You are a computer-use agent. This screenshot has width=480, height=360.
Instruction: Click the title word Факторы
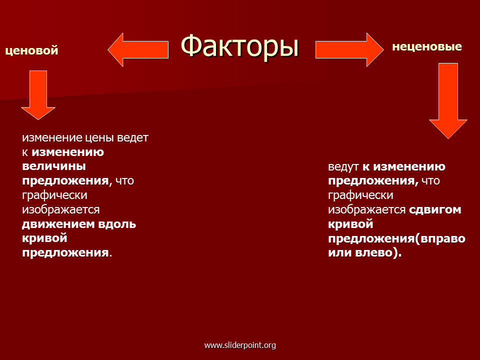coord(239,46)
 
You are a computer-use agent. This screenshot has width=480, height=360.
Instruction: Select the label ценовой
coord(32,50)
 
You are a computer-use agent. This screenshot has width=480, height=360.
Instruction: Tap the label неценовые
coord(427,46)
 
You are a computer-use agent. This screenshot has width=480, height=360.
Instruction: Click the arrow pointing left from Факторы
coord(138,49)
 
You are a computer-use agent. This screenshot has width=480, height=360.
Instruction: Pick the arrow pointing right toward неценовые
coord(349,49)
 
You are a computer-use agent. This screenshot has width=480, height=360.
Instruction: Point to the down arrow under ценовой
coord(38,95)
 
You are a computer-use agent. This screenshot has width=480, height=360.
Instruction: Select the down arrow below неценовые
coord(448,101)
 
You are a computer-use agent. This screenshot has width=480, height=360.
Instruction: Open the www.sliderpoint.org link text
coord(240,345)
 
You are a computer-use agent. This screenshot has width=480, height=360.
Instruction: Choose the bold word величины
coord(54,166)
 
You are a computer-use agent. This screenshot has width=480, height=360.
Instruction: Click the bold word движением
coord(58,224)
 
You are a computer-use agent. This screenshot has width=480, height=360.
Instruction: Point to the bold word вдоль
coord(117,224)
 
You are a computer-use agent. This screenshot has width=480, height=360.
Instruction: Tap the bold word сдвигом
coord(435,210)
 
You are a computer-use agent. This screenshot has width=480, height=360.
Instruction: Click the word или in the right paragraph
coord(340,253)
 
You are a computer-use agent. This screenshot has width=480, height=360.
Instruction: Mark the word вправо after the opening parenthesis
coord(442,239)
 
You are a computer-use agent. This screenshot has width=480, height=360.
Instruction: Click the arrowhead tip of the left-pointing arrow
coord(108,49)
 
